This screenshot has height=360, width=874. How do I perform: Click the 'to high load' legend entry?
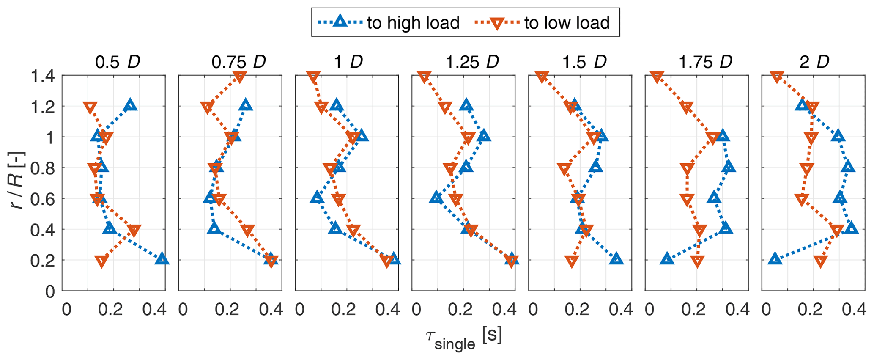point(413,22)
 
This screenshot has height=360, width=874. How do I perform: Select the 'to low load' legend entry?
point(567,22)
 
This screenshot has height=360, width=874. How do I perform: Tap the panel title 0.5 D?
point(117,62)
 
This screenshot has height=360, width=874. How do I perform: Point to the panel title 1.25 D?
point(472,62)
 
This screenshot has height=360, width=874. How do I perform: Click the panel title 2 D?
point(814,62)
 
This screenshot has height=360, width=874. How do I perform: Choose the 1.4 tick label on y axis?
point(42,77)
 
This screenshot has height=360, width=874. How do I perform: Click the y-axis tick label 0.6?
point(42,199)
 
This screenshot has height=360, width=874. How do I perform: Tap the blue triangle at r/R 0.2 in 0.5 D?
point(162,259)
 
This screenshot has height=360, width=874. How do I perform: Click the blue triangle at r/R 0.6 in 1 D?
point(317,197)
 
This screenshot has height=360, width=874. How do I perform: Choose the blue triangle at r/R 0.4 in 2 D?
point(851,228)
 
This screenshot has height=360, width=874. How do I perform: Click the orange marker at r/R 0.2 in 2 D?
point(821,261)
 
